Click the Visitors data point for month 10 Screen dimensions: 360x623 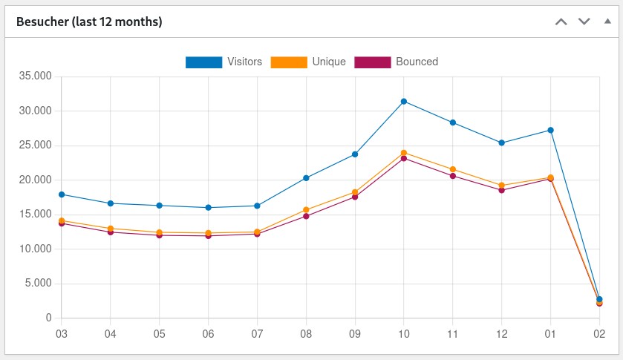point(404,101)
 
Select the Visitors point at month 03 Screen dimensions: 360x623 point(62,194)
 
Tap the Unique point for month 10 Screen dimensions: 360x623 point(404,153)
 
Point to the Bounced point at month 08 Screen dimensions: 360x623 point(306,216)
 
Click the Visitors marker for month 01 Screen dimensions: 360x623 point(550,130)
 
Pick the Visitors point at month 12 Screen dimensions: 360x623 point(502,143)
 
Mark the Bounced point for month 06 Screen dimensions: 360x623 point(209,236)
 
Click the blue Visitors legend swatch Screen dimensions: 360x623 point(203,62)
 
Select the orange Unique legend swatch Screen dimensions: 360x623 point(289,62)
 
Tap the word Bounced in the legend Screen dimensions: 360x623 point(417,62)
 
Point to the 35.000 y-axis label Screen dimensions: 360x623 point(36,76)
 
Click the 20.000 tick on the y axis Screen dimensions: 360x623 point(36,180)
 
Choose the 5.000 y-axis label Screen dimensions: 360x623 point(38,284)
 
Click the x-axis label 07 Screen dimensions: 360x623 point(257,334)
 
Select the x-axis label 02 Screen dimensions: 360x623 point(599,334)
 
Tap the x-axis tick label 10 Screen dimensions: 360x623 point(404,334)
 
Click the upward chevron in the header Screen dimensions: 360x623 point(561,22)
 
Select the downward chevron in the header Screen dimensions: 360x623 point(584,22)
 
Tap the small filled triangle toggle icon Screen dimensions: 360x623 point(607,21)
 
